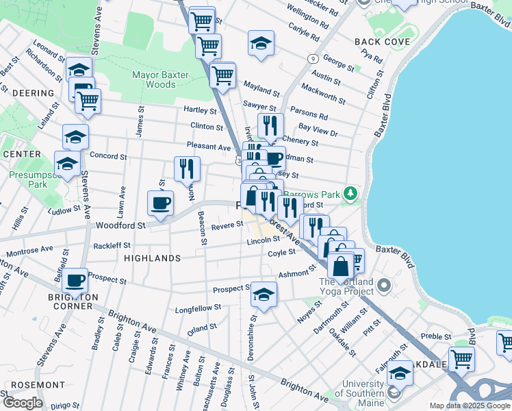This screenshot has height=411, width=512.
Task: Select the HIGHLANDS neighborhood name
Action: coord(153,258)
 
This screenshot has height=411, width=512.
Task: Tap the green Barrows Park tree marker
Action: coord(350,195)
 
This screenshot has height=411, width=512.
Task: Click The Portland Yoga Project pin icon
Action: coord(383,284)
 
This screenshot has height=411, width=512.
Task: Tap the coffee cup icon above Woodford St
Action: coord(161,203)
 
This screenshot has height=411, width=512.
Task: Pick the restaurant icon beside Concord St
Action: coord(187,168)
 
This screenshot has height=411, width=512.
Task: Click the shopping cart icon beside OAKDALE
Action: coord(462,358)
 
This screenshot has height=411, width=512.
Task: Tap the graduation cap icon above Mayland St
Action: coord(261,43)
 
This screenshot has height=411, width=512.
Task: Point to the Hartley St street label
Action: coord(199,110)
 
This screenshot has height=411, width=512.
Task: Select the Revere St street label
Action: coord(223,227)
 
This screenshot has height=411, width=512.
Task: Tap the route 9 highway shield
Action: coord(311,59)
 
